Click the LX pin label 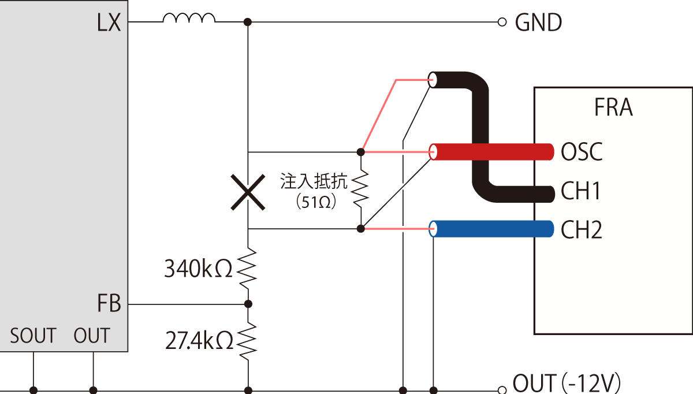(109, 23)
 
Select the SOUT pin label (33, 336)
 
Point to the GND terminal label (538, 23)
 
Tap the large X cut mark (248, 191)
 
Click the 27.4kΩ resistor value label (198, 340)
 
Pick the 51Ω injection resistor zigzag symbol (360, 189)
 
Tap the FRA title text (613, 108)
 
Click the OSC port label (581, 152)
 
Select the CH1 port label (581, 191)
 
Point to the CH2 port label (581, 230)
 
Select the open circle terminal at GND (502, 23)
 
